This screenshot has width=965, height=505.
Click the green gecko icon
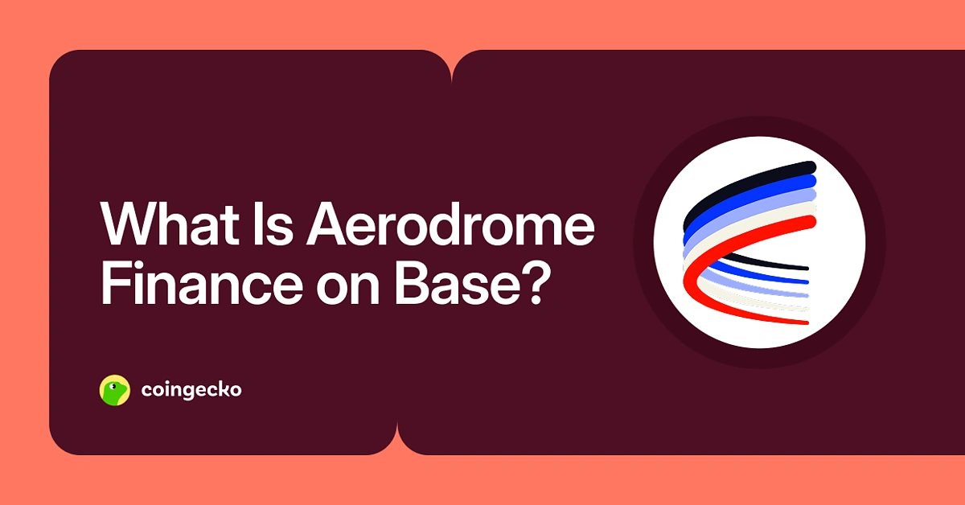[114, 390]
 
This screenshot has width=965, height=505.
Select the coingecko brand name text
[191, 391]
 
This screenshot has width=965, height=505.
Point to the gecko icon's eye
[120, 385]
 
